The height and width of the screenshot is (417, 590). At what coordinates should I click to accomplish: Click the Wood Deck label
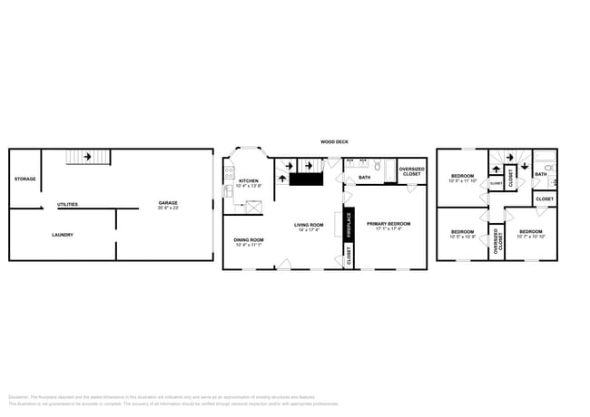(x=334, y=141)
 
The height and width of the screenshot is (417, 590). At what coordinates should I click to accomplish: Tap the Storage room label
(x=25, y=179)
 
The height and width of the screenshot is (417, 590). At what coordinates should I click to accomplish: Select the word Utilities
(x=67, y=204)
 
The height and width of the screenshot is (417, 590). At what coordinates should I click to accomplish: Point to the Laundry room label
(x=63, y=235)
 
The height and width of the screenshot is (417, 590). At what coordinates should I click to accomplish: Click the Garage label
(x=168, y=202)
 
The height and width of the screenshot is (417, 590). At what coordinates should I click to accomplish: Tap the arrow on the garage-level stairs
(x=87, y=157)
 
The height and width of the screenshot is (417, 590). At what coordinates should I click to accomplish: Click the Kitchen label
(x=249, y=180)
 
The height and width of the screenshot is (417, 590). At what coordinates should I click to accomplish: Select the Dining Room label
(x=249, y=239)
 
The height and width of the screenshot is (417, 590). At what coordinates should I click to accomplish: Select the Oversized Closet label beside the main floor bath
(x=411, y=171)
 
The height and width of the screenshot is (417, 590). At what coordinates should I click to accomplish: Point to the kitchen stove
(x=230, y=170)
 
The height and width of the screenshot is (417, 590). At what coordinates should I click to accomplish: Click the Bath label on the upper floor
(x=541, y=174)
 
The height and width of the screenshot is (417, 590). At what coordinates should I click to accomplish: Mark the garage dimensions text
(x=168, y=208)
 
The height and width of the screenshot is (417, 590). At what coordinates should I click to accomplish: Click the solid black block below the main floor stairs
(x=306, y=179)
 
